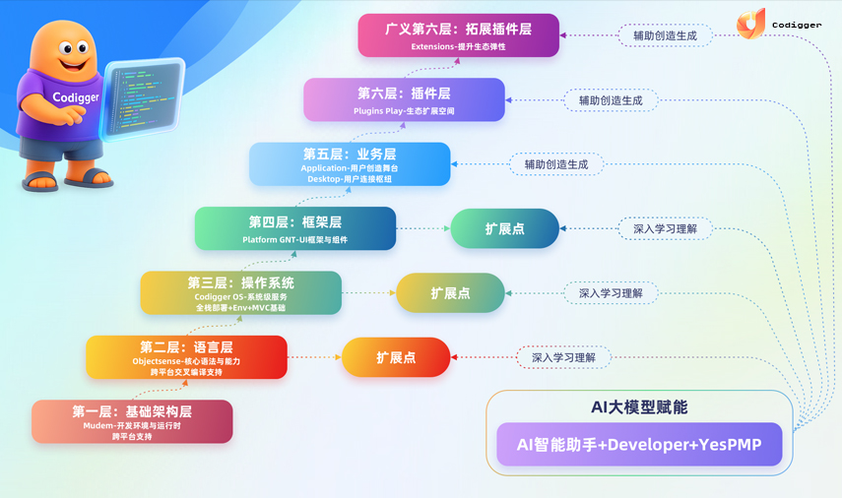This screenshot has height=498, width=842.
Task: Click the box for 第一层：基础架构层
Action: tap(132, 421)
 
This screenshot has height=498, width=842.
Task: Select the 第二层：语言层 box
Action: tap(186, 357)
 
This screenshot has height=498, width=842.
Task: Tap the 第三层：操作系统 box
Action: tap(240, 293)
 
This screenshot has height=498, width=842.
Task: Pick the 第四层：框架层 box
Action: tap(294, 228)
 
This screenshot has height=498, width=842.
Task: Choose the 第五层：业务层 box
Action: tap(349, 164)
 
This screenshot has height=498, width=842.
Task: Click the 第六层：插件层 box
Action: tap(403, 99)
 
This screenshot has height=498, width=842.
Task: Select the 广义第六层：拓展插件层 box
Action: tap(458, 35)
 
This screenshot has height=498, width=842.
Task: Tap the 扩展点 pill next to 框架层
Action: tap(504, 228)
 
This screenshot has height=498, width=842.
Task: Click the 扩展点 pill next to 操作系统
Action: tap(450, 293)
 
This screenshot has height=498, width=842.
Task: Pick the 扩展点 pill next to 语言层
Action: tap(396, 357)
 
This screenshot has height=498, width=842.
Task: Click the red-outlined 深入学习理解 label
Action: tap(563, 357)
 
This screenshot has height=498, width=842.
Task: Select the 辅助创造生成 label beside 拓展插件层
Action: tap(665, 35)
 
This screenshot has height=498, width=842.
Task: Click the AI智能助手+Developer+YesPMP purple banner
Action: tap(640, 445)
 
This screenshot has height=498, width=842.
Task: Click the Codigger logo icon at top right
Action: tap(750, 24)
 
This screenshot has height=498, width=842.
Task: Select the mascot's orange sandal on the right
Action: tap(95, 178)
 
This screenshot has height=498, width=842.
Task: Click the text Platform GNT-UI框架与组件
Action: tap(294, 239)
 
